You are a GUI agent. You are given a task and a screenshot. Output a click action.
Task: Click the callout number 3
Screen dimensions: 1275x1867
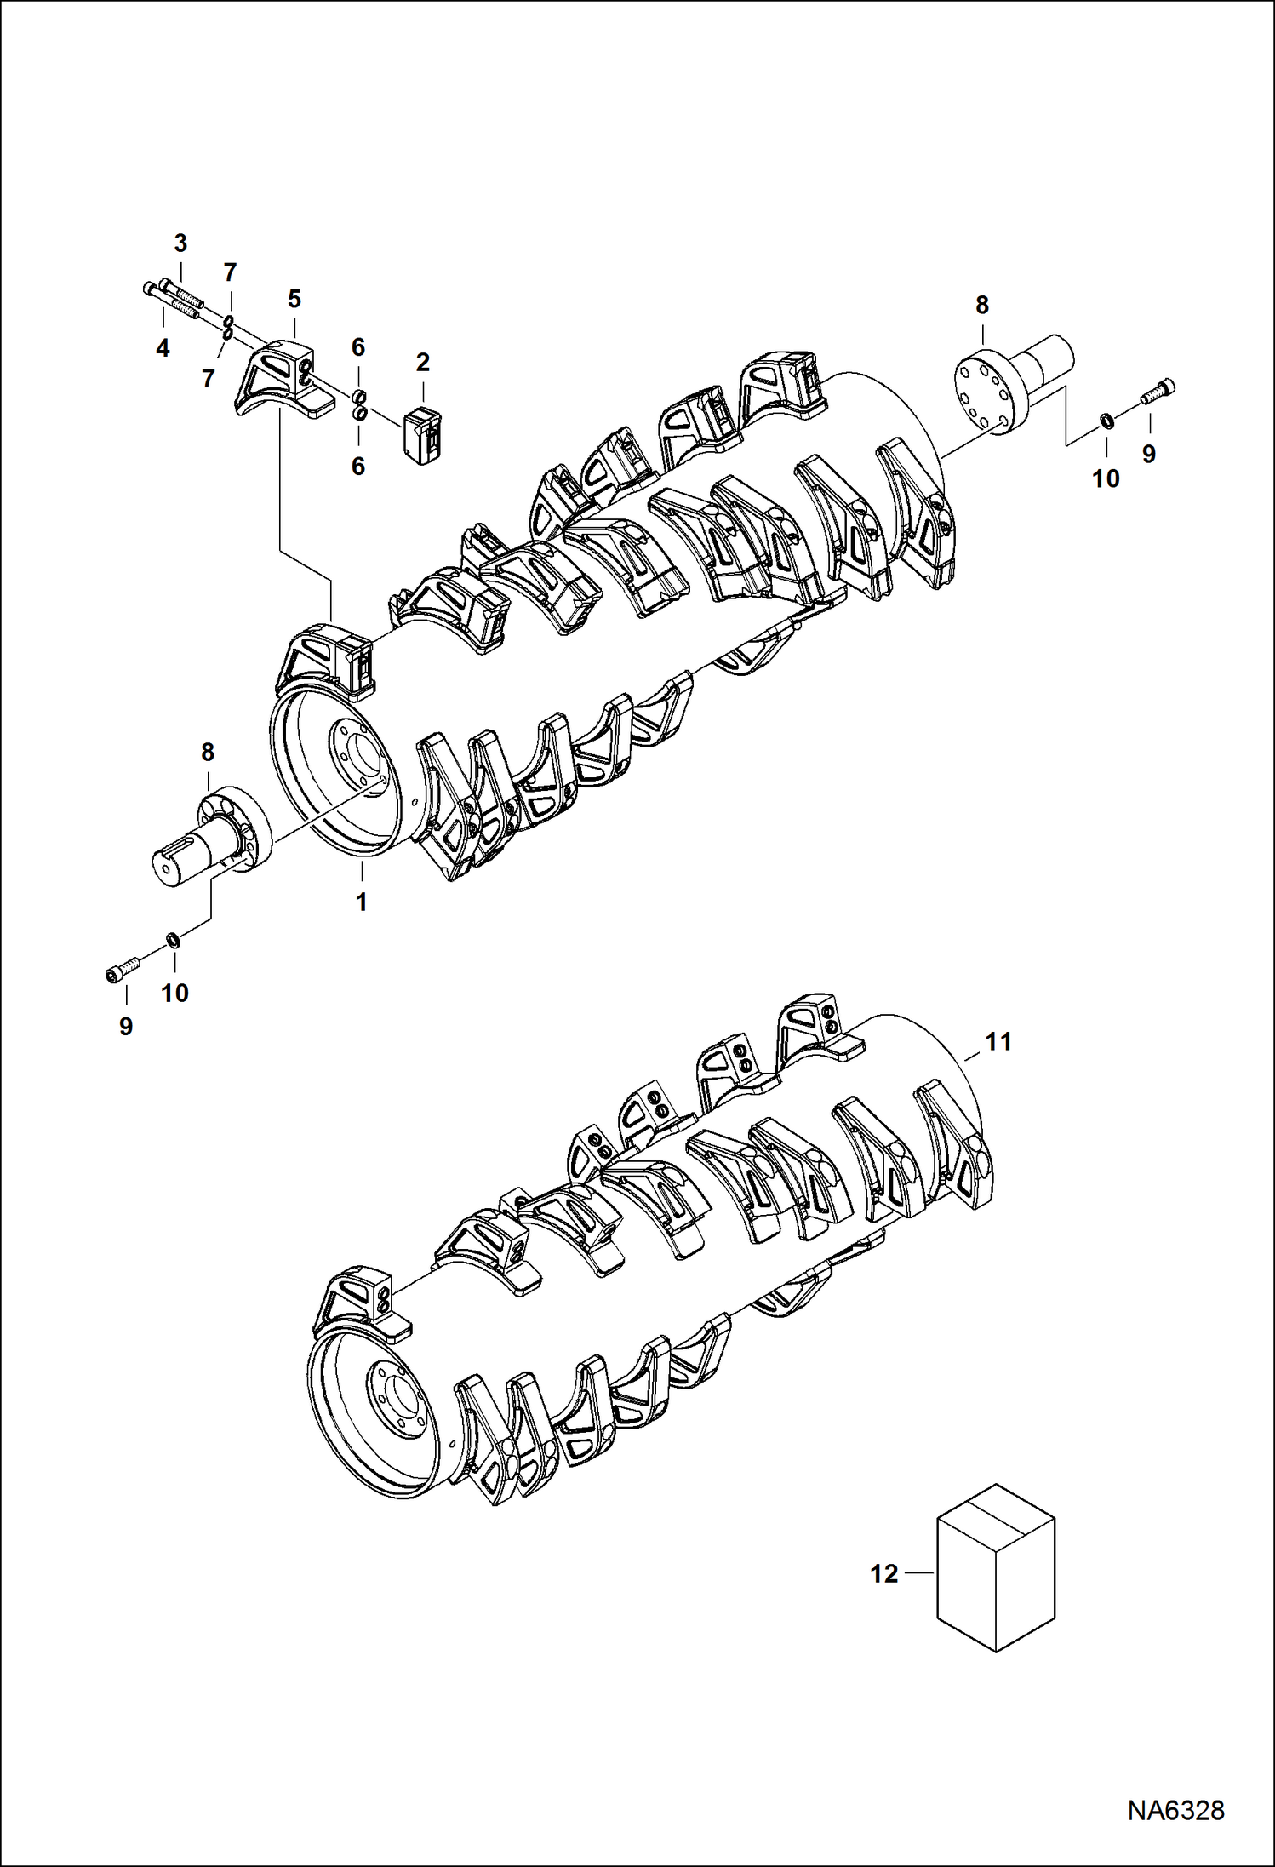coord(180,243)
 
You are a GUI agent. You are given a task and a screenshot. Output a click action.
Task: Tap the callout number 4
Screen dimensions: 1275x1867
coord(163,347)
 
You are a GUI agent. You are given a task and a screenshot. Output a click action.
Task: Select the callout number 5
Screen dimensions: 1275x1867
coord(294,299)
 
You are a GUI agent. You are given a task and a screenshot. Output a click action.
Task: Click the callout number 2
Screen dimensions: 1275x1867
coord(423,363)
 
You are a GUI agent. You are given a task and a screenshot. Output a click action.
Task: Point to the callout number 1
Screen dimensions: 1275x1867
coord(362,902)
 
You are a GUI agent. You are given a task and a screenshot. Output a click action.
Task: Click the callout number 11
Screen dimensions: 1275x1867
coord(998,1041)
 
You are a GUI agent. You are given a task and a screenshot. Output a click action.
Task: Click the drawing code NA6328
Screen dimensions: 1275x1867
coord(1176,1833)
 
